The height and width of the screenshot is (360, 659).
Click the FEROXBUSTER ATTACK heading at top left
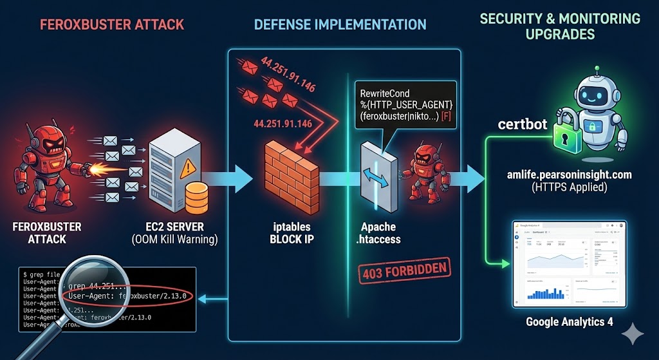tap(112, 25)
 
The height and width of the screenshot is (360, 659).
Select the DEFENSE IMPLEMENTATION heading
tap(340, 25)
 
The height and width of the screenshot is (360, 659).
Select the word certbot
tap(521, 124)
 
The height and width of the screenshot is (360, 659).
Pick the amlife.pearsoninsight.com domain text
tap(569, 175)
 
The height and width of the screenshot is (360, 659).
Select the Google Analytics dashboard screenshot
tap(569, 265)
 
